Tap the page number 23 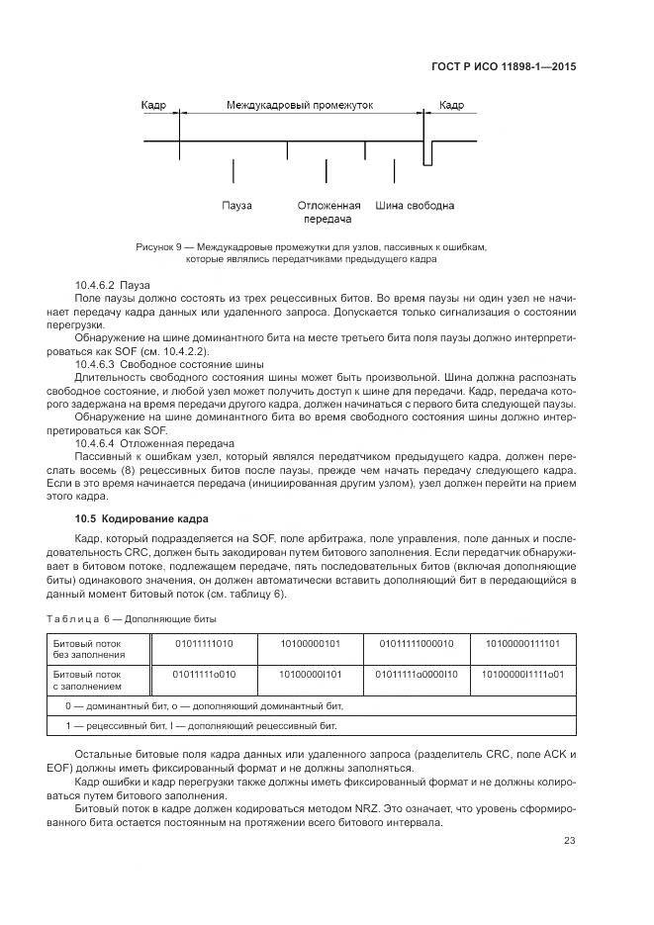pyautogui.click(x=570, y=841)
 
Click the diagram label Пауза pyautogui.click(x=236, y=206)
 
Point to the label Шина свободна pyautogui.click(x=415, y=206)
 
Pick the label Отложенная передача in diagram pyautogui.click(x=328, y=213)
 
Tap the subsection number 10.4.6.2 pyautogui.click(x=96, y=284)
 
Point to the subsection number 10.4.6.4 pyautogui.click(x=96, y=443)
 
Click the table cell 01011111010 pyautogui.click(x=204, y=643)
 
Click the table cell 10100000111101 pyautogui.click(x=521, y=643)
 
